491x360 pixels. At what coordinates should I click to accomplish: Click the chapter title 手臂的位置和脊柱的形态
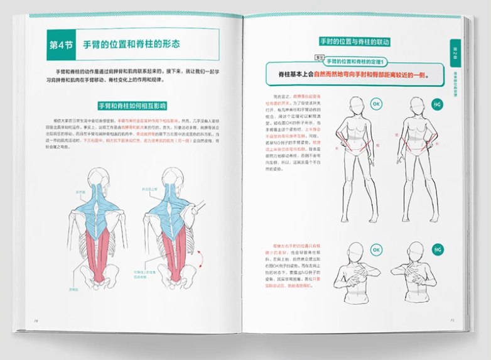(132, 45)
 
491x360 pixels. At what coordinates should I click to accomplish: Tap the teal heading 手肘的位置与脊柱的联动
(355, 42)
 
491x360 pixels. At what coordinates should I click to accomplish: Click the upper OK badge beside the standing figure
(377, 103)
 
